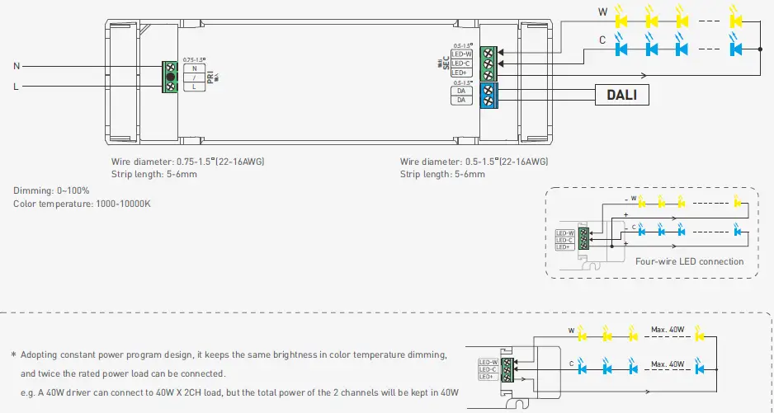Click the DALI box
621,95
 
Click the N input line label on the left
17,65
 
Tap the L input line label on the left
17,86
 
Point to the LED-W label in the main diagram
461,54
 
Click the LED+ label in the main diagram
460,73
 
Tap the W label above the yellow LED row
602,12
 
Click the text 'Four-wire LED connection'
689,262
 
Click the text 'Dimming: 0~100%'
51,191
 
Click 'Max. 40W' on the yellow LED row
668,330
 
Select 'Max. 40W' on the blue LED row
668,364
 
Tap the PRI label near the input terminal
211,77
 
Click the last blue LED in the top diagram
737,49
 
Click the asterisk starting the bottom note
13,355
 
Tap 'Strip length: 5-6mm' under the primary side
154,174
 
